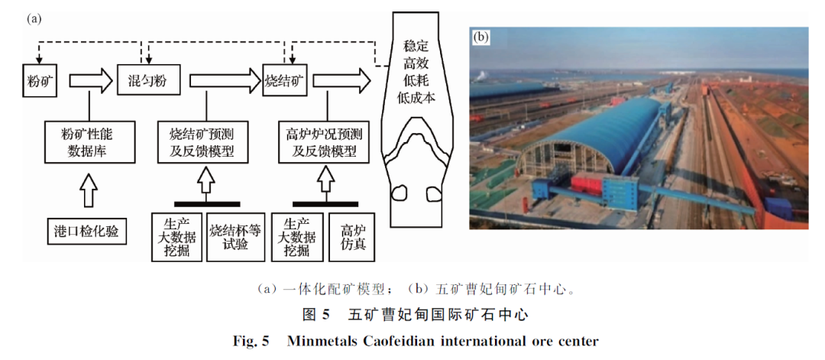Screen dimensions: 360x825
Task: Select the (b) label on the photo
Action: [481, 36]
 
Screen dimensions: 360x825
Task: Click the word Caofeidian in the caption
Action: [422, 340]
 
